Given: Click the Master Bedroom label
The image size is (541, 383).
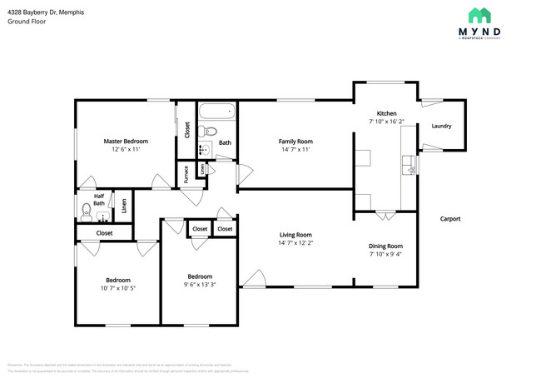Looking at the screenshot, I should pyautogui.click(x=125, y=142).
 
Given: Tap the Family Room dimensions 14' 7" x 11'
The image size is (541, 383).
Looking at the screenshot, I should pyautogui.click(x=295, y=150).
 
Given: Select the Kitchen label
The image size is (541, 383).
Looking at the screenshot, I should pyautogui.click(x=386, y=113).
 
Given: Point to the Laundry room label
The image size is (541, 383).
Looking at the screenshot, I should pyautogui.click(x=441, y=127).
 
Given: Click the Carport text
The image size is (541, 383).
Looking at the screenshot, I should pyautogui.click(x=450, y=219).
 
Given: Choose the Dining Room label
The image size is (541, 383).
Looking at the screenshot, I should pyautogui.click(x=385, y=246).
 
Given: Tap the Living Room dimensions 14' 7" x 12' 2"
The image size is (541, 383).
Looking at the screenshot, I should pyautogui.click(x=295, y=243).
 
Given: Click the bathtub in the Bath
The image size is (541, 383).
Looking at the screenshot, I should pyautogui.click(x=219, y=112).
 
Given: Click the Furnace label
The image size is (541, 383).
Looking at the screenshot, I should pyautogui.click(x=186, y=173).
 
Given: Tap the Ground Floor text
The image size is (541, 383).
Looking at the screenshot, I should pyautogui.click(x=27, y=22).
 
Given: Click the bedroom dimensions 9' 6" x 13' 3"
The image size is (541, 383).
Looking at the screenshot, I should pyautogui.click(x=200, y=285).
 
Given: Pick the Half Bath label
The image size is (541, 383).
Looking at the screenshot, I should pyautogui.click(x=99, y=200).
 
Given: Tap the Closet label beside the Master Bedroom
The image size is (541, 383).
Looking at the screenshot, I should pyautogui.click(x=187, y=129).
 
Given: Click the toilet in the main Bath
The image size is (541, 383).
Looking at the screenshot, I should pyautogui.click(x=210, y=131).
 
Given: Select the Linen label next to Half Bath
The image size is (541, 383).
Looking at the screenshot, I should pyautogui.click(x=124, y=205).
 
